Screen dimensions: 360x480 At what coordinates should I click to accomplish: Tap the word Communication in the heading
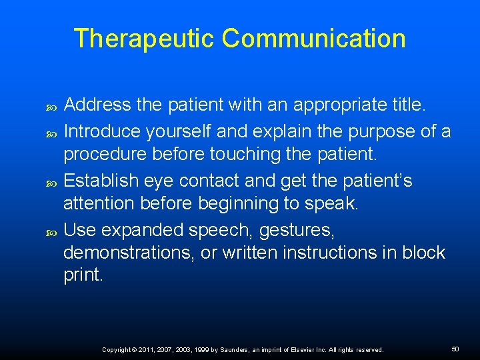pyautogui.click(x=313, y=39)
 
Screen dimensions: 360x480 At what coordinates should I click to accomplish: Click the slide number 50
pyautogui.click(x=455, y=349)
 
